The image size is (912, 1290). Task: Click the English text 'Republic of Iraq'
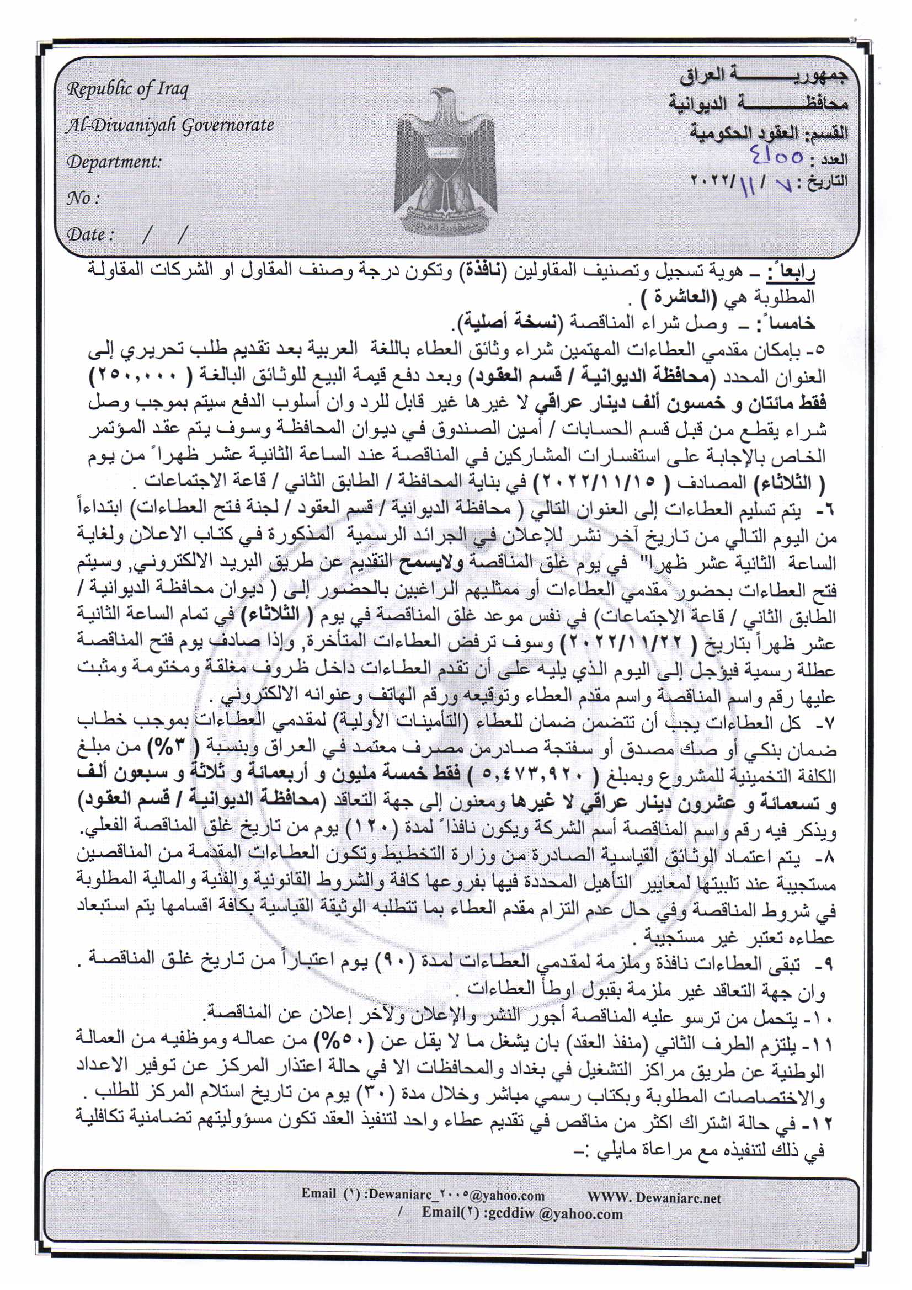(127, 89)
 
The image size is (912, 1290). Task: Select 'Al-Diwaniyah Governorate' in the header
(170, 125)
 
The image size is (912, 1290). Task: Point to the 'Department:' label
(114, 162)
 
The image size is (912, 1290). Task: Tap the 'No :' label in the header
(83, 198)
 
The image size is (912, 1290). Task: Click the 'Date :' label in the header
(90, 234)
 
